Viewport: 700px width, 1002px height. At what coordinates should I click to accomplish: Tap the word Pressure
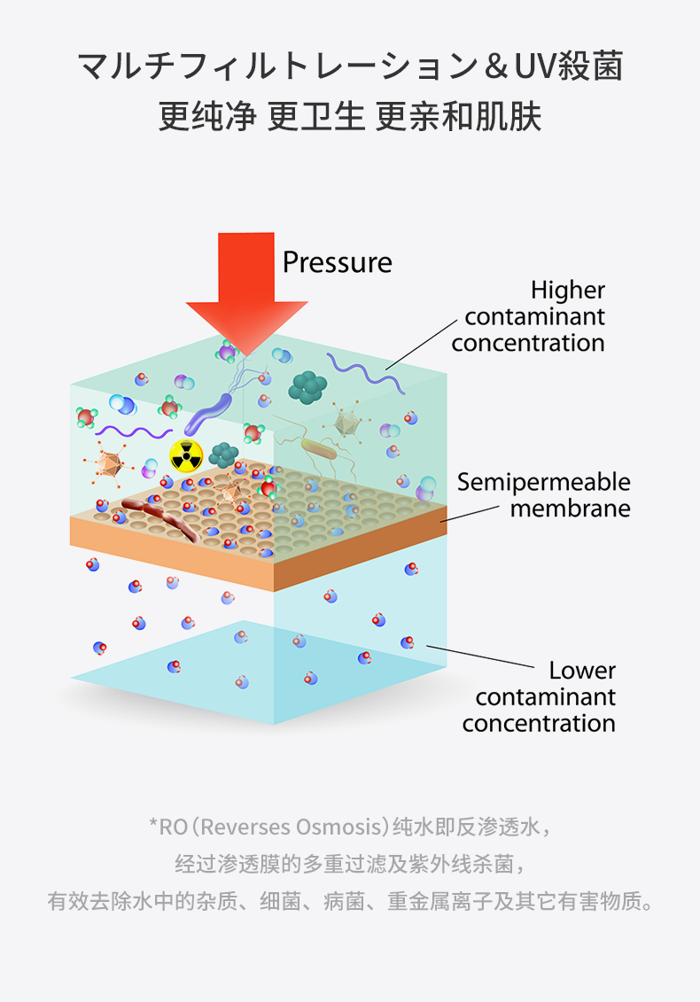(337, 262)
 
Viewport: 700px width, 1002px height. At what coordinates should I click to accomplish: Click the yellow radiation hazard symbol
(186, 456)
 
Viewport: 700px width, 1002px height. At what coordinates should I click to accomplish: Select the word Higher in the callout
(568, 290)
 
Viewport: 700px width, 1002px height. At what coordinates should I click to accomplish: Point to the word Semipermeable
(543, 482)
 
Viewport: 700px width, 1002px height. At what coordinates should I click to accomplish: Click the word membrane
(570, 509)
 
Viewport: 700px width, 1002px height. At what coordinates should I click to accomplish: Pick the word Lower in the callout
(581, 670)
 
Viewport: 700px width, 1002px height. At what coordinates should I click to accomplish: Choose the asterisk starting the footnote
(152, 826)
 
